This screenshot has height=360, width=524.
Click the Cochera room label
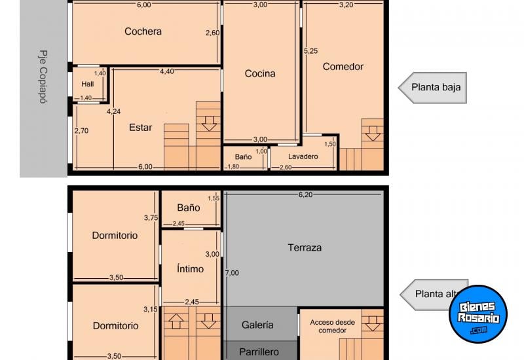(143, 31)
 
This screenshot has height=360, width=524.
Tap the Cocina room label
(260, 74)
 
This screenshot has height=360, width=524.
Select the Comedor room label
(343, 66)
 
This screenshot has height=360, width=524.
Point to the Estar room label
(141, 128)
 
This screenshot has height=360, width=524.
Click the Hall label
(88, 84)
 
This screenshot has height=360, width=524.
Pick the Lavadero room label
(303, 157)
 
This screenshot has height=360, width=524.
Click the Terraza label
(305, 247)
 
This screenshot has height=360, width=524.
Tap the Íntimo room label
(190, 268)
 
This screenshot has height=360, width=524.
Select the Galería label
(257, 325)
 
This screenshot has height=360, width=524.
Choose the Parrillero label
(258, 351)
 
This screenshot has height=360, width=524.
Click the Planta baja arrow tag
(432, 87)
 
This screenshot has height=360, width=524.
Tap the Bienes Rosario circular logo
(478, 314)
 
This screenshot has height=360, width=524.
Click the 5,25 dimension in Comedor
(310, 50)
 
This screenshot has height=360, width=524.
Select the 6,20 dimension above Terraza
(306, 194)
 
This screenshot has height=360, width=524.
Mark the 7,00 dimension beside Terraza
(231, 273)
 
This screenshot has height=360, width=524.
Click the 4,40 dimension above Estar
(167, 71)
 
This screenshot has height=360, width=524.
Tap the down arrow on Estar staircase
(209, 122)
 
